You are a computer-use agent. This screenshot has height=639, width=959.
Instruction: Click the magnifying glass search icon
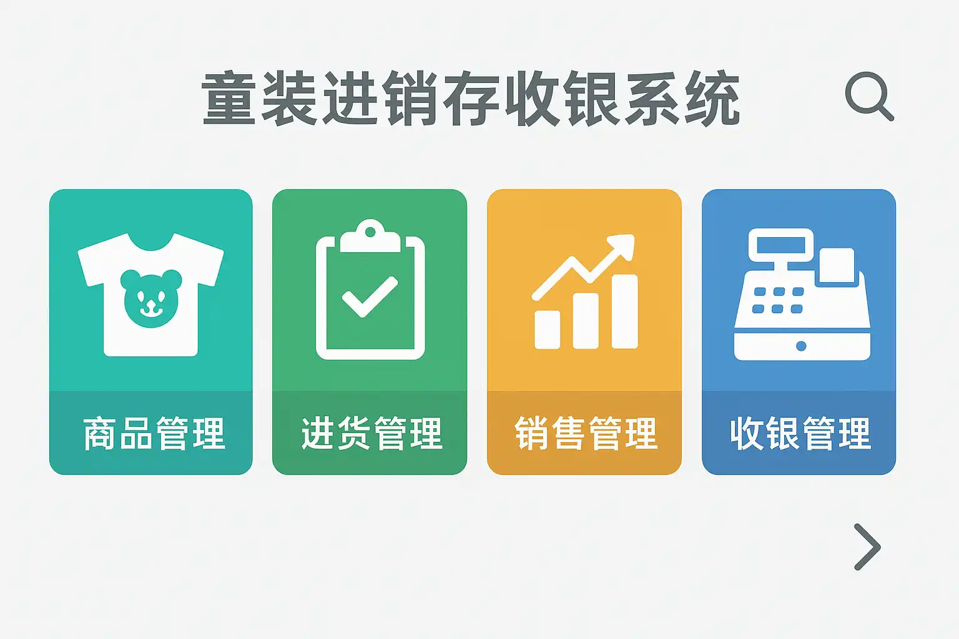pos(869,97)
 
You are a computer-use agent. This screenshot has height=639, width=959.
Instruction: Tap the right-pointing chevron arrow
pos(868,547)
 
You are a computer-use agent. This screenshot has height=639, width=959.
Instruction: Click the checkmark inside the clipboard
pos(370,296)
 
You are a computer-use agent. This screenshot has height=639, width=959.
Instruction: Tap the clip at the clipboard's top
pos(370,237)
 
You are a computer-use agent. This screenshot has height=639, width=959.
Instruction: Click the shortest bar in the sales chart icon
pos(547,329)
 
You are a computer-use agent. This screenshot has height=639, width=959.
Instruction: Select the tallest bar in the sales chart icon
pos(624,311)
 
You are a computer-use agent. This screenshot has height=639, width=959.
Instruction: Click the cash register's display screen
pos(781,245)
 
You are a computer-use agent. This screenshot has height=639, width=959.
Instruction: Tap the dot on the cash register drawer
pos(802,346)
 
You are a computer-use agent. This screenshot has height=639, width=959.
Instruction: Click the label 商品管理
pos(154,434)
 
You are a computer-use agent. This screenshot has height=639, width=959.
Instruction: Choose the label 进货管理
pos(371,434)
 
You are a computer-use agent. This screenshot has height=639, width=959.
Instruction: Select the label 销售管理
pos(586,434)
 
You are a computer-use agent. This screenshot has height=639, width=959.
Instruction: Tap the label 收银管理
pos(800,434)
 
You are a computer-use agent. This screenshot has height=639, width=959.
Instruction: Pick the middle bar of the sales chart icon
pos(586,321)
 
